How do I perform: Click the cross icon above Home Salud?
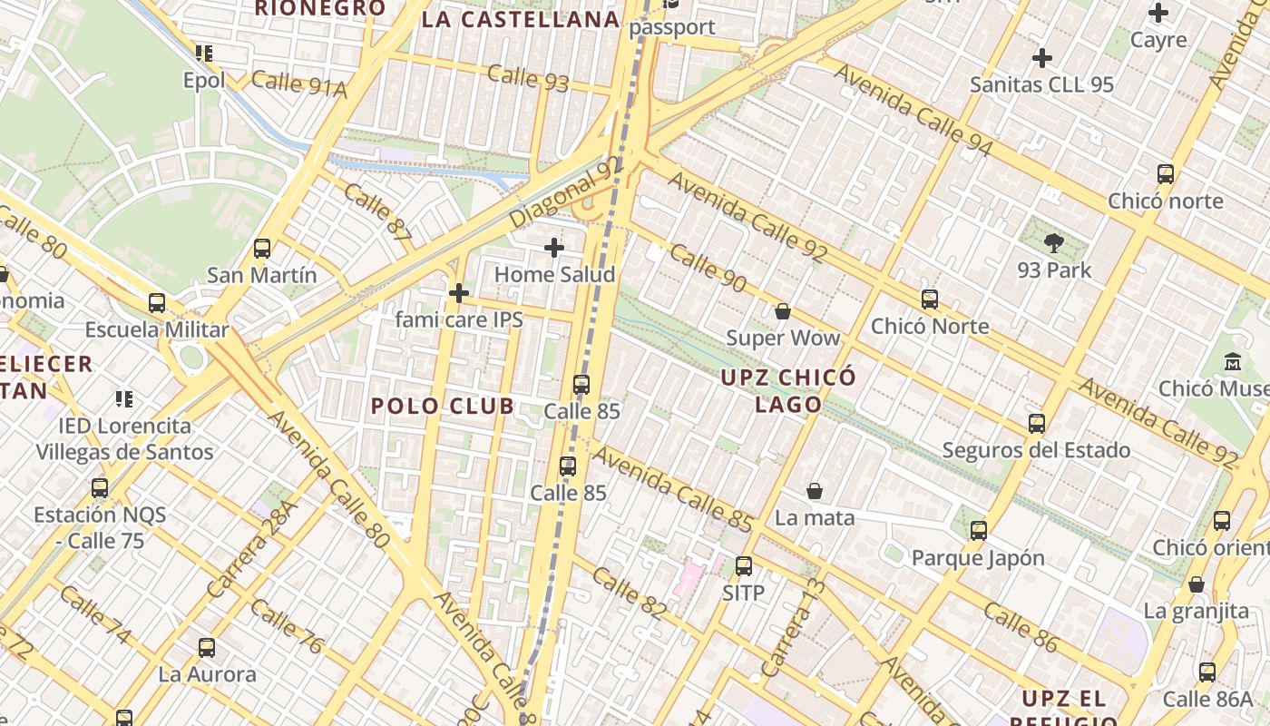pyautogui.click(x=554, y=248)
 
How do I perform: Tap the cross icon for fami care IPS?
pyautogui.click(x=459, y=293)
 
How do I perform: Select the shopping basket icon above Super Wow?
pyautogui.click(x=783, y=311)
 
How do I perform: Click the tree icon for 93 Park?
pyautogui.click(x=1054, y=243)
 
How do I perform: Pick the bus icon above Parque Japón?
pyautogui.click(x=978, y=531)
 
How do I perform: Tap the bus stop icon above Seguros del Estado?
pyautogui.click(x=1036, y=424)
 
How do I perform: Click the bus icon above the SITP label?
pyautogui.click(x=744, y=566)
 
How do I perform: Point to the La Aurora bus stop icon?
pyautogui.click(x=207, y=648)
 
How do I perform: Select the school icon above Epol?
pyautogui.click(x=204, y=54)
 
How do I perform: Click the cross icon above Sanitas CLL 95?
pyautogui.click(x=1041, y=59)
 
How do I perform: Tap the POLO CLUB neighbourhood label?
pyautogui.click(x=443, y=406)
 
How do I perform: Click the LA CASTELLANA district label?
pyautogui.click(x=521, y=19)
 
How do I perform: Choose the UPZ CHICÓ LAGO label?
pyautogui.click(x=788, y=390)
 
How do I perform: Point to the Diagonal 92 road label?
pyautogui.click(x=568, y=191)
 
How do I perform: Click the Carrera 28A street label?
pyautogui.click(x=252, y=549)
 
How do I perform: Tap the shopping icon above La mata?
pyautogui.click(x=815, y=491)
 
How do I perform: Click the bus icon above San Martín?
pyautogui.click(x=262, y=248)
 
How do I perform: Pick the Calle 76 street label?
pyautogui.click(x=285, y=625)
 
